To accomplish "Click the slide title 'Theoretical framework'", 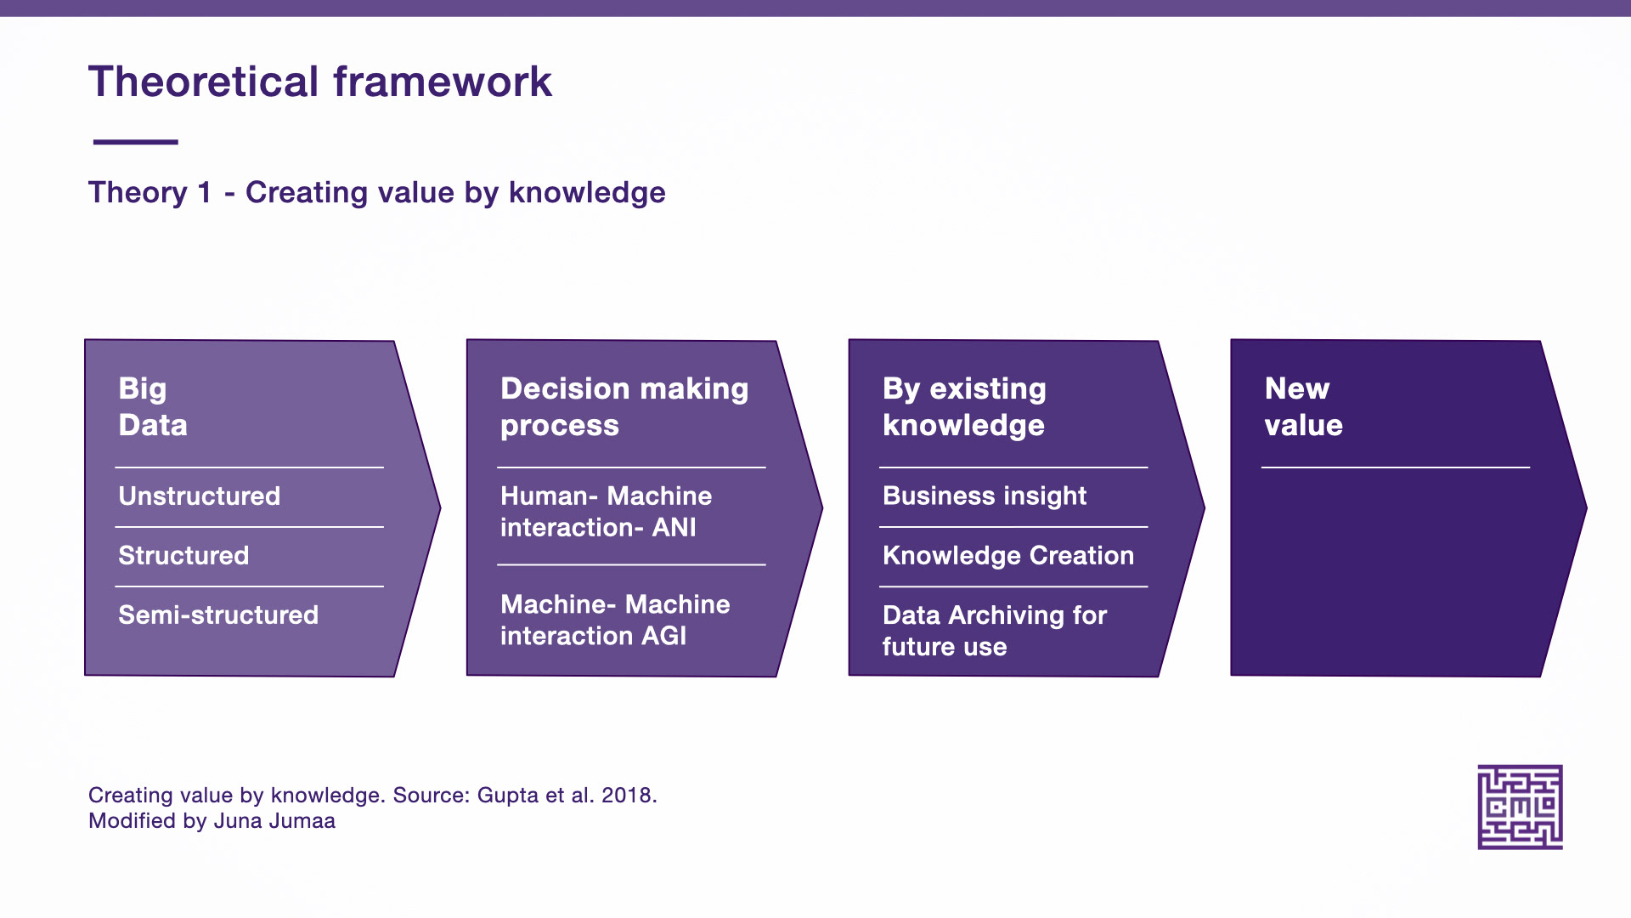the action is coord(320,82).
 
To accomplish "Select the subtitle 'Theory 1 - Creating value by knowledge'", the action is coord(377,193).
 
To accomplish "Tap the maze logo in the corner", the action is coord(1520,807).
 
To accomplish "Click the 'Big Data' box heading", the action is coord(153,406).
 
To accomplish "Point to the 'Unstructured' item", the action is coord(200,496).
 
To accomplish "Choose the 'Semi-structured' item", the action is coord(218,615).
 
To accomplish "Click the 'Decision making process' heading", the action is coord(624,406).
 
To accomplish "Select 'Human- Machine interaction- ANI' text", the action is coord(607,512).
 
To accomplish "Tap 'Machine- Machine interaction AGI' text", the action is coord(615,620).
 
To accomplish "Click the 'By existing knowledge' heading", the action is coord(964,406).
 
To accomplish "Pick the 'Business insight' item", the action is coord(985,496).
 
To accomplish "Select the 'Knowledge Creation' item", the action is coord(1008,555).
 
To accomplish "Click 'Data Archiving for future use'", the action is coord(995,631).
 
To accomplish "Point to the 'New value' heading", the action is coord(1304,406).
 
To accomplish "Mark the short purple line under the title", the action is coord(135,142).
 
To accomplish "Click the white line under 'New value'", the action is coord(1396,467).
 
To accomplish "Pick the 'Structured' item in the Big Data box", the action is coord(183,555).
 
